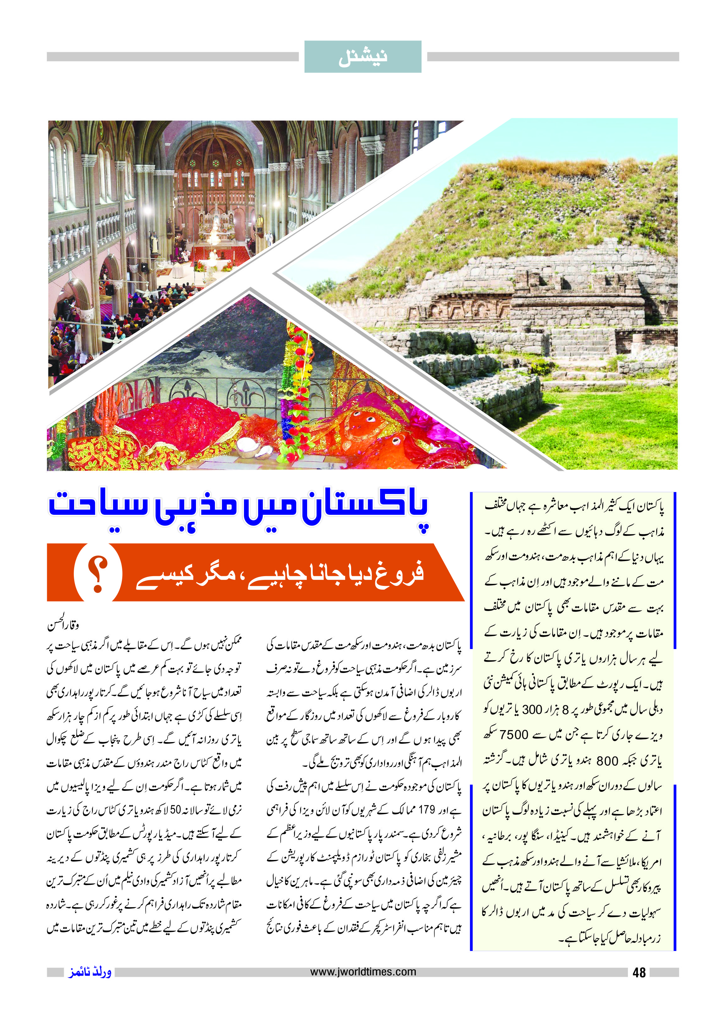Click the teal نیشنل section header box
[x=363, y=57]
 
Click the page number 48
[x=639, y=972]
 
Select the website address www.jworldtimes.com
[x=363, y=972]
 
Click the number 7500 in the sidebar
[x=514, y=735]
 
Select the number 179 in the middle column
[x=426, y=810]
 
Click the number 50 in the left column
[x=175, y=810]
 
